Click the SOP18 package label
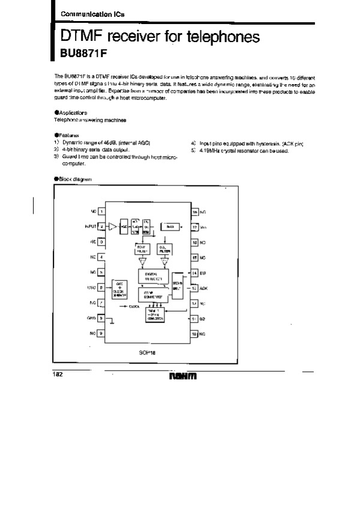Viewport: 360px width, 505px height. [148, 352]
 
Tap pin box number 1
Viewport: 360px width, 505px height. [101, 211]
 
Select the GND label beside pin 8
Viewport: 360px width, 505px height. [91, 318]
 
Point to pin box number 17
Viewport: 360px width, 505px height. [195, 227]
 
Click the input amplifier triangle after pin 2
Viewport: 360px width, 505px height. [113, 227]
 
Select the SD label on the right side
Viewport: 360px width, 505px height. [202, 318]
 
